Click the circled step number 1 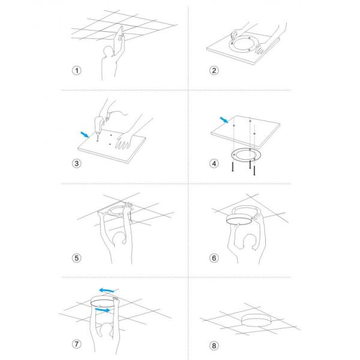[77, 70]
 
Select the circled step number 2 [214, 70]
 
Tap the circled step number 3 [77, 163]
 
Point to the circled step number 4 [214, 163]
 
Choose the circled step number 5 [77, 258]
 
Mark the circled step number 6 [214, 258]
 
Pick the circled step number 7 [77, 344]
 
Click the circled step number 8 [214, 346]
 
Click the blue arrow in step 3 [85, 135]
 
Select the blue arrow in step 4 [224, 120]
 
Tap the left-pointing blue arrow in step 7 [107, 290]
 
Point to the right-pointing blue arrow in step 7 [103, 310]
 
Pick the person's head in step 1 [107, 52]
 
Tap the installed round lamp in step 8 [256, 320]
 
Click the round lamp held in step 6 [239, 220]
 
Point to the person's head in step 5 [119, 239]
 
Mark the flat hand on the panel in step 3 [124, 140]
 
